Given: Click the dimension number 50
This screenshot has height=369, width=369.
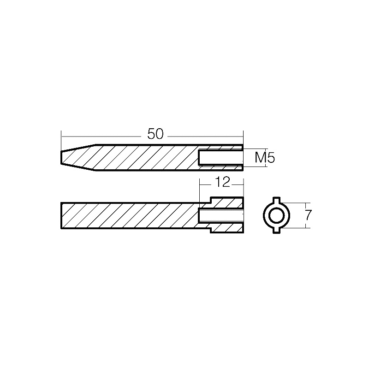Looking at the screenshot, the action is pyautogui.click(x=155, y=134).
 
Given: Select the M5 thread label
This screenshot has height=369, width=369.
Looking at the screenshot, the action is pyautogui.click(x=265, y=158).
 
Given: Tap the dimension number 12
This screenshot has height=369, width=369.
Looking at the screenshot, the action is pyautogui.click(x=222, y=182).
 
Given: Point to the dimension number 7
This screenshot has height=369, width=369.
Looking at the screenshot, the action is pyautogui.click(x=309, y=215).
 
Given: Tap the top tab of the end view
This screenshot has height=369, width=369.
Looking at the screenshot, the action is pyautogui.click(x=276, y=200).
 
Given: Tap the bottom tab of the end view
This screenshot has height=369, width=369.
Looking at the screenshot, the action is pyautogui.click(x=276, y=230).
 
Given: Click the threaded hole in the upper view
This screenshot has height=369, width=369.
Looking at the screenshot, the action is pyautogui.click(x=220, y=158).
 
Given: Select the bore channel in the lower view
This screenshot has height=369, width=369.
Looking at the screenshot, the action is pyautogui.click(x=220, y=215).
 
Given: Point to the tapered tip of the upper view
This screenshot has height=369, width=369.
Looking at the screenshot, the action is pyautogui.click(x=77, y=157).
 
